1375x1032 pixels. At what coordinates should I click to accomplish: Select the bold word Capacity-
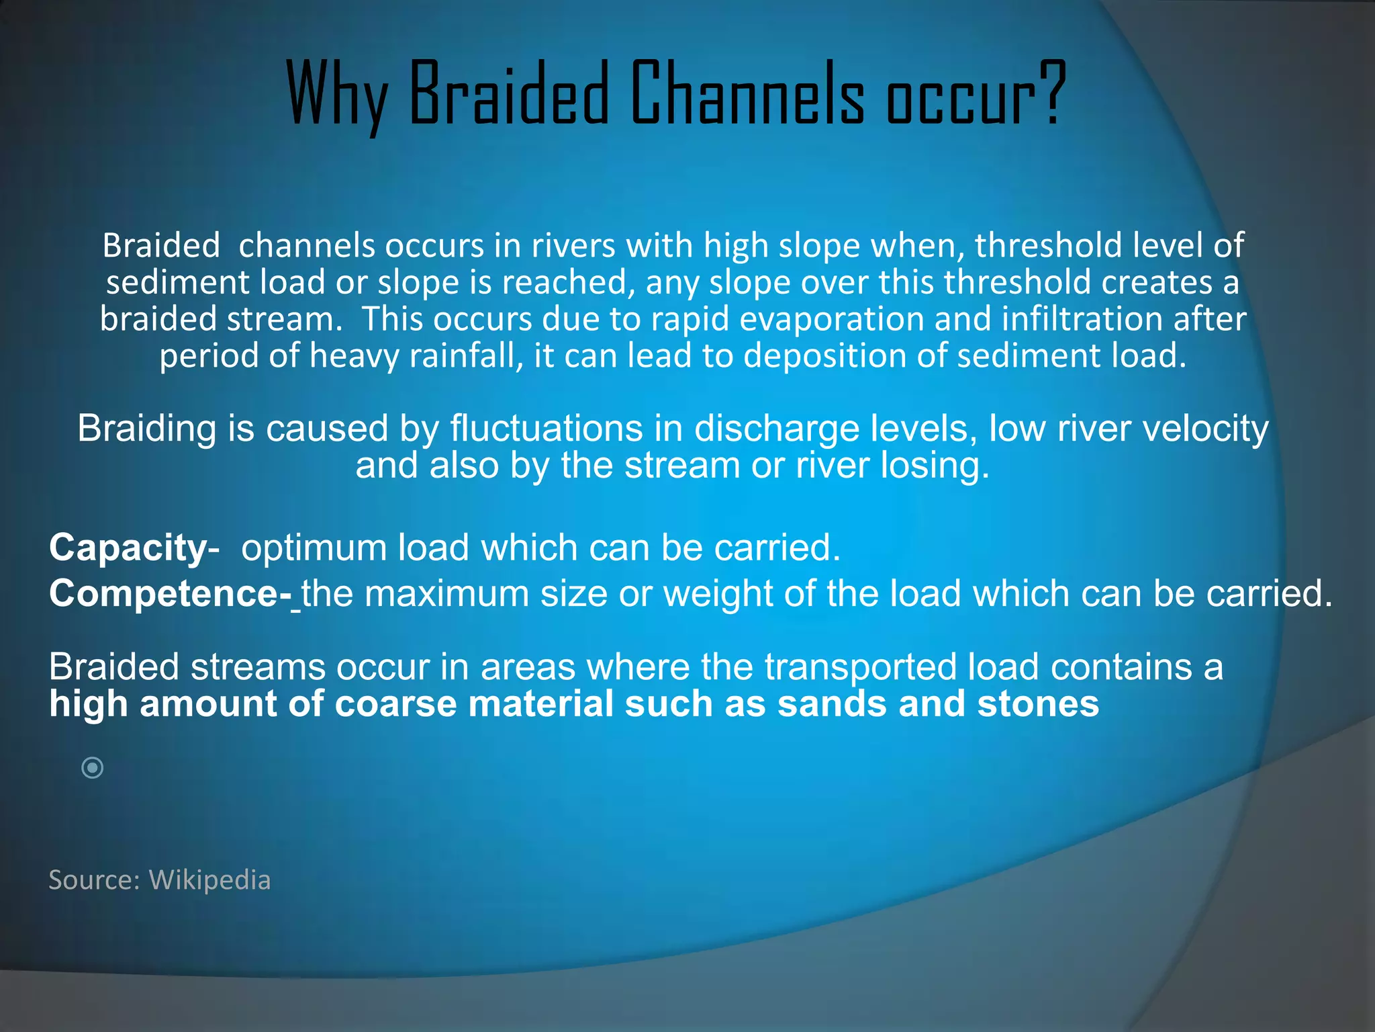point(134,548)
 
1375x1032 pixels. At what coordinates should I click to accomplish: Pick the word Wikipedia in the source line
point(209,879)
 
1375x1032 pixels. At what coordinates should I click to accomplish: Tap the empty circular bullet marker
point(92,767)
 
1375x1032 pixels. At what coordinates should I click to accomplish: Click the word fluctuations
point(546,429)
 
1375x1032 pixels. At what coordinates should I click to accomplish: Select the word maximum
point(446,594)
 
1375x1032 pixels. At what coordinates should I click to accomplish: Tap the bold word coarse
point(395,704)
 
